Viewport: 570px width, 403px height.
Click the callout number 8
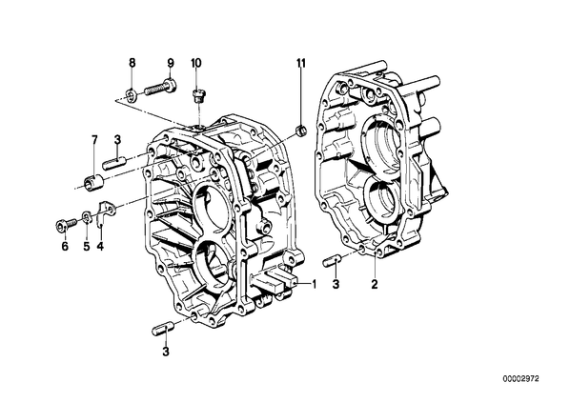click(x=132, y=63)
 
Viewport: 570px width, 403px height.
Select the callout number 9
click(x=171, y=63)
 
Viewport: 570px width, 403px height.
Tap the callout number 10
click(x=195, y=63)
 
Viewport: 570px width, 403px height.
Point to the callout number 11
click(x=300, y=63)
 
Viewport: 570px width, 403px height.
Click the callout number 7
click(x=94, y=139)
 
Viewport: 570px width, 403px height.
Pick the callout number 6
click(x=65, y=247)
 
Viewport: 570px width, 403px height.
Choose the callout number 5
click(x=86, y=247)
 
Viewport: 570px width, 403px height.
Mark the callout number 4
click(x=100, y=247)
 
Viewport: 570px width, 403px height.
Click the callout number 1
click(x=314, y=284)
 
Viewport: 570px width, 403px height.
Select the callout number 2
click(x=375, y=284)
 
